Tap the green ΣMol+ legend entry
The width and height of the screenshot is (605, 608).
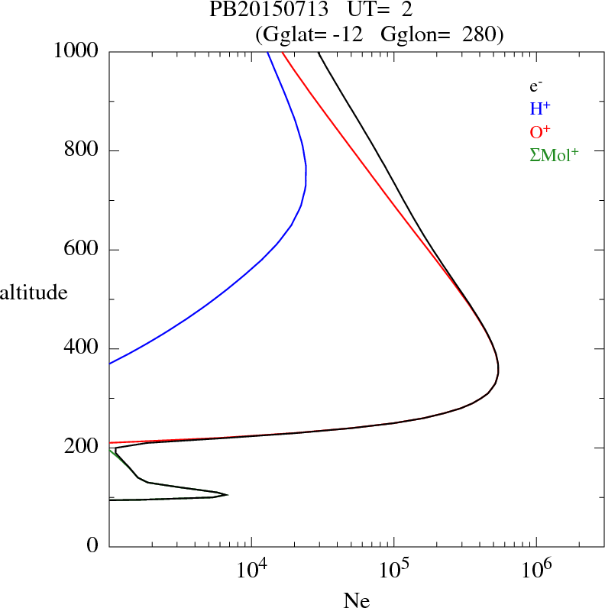pos(554,154)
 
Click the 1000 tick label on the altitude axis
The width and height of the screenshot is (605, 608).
pos(77,51)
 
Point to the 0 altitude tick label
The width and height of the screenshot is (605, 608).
pos(93,546)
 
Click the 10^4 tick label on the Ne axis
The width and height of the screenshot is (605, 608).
pos(251,570)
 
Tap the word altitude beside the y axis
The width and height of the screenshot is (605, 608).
pos(34,292)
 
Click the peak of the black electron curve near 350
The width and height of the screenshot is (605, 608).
pos(499,370)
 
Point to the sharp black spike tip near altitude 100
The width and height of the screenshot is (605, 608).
pos(228,495)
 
